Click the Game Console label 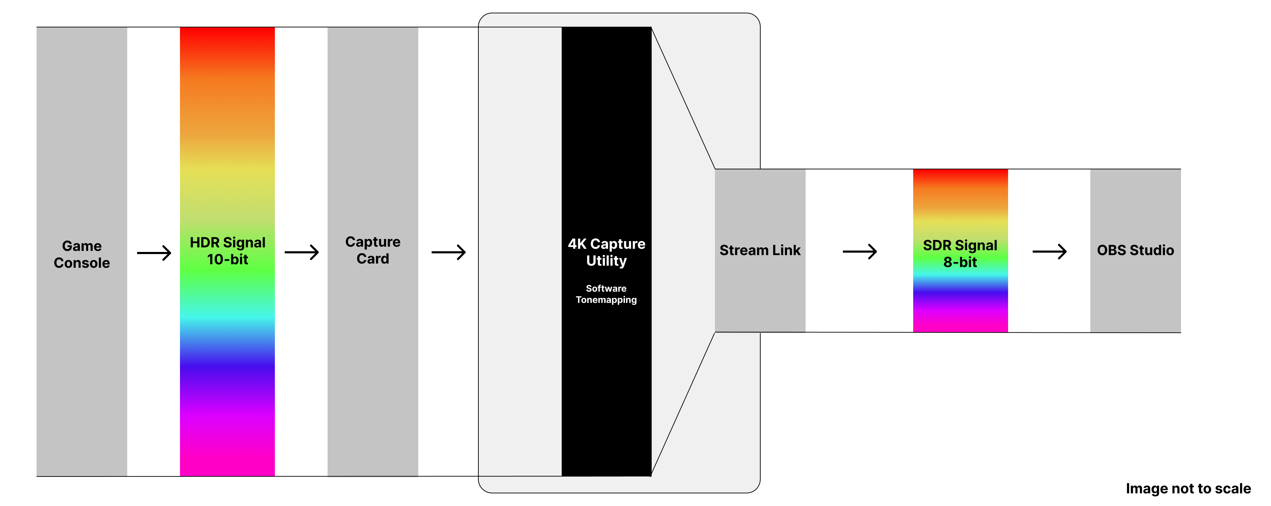(82, 254)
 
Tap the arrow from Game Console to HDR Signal (154, 253)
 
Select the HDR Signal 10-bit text (227, 251)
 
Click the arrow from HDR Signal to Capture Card (302, 253)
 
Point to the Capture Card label (373, 250)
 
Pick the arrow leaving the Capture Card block (449, 253)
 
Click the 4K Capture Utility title (606, 252)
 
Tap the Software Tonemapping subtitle (606, 294)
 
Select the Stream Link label (760, 250)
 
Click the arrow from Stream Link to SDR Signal (859, 252)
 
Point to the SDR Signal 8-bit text (960, 253)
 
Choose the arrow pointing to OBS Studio (1050, 252)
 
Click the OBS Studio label (1135, 250)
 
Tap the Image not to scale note (1188, 488)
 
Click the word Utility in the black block (606, 261)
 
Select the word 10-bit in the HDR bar (227, 259)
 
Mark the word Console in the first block (82, 263)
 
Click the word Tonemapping (606, 300)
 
